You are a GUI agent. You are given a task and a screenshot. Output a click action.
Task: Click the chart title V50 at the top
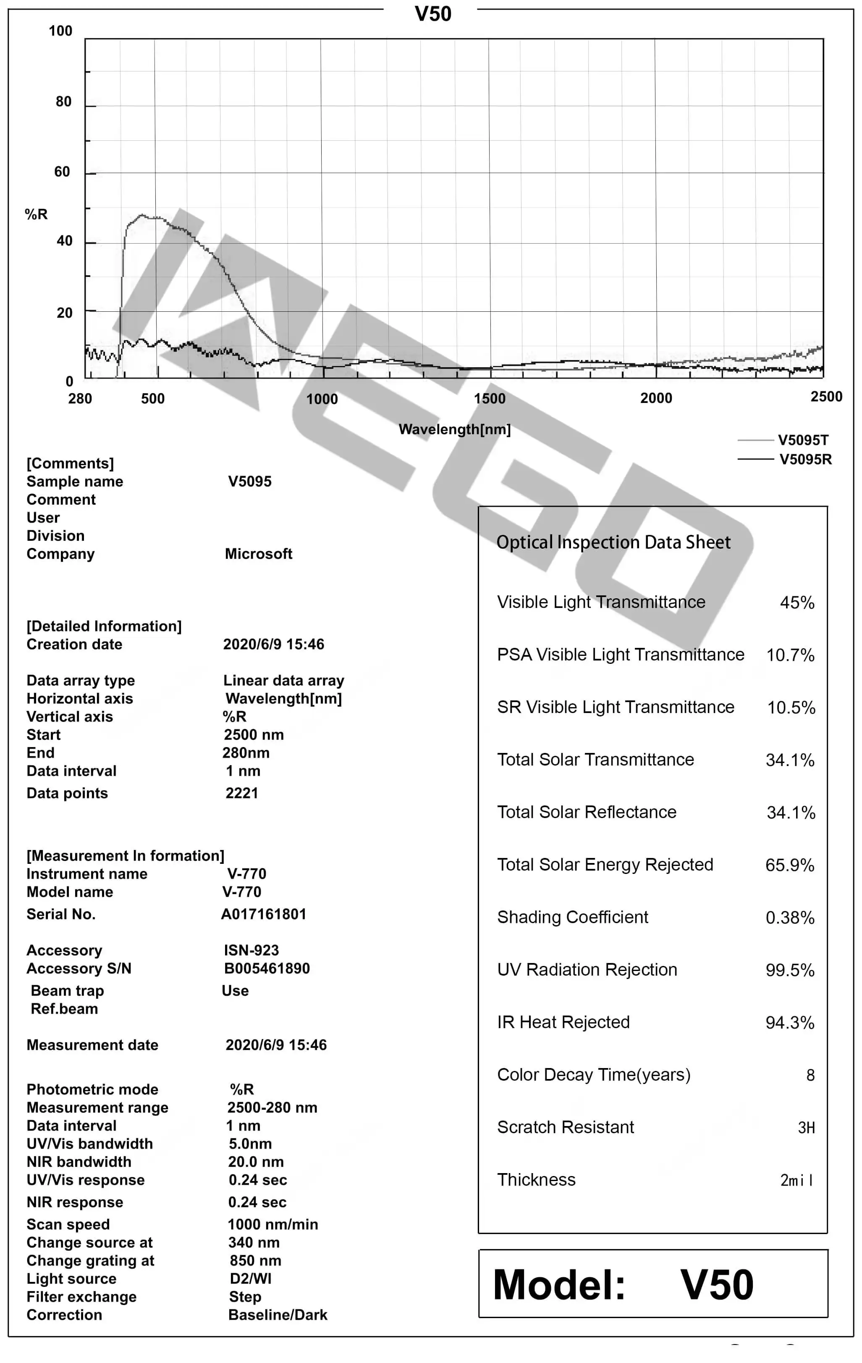pyautogui.click(x=433, y=14)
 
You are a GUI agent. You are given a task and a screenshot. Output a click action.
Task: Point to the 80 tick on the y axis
pyautogui.click(x=63, y=102)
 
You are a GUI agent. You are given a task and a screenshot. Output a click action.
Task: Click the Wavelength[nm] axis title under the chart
pyautogui.click(x=454, y=430)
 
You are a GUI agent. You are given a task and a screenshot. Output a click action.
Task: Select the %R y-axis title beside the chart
pyautogui.click(x=36, y=215)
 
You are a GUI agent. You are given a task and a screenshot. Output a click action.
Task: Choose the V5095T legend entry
pyautogui.click(x=803, y=440)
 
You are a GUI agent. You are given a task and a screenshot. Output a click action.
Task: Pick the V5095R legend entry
pyautogui.click(x=805, y=460)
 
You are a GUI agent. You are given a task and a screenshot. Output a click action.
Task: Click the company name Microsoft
pyautogui.click(x=259, y=554)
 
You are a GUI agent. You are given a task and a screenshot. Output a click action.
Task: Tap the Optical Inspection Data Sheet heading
pyautogui.click(x=613, y=542)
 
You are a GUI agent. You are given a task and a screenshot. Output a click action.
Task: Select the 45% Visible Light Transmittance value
pyautogui.click(x=797, y=603)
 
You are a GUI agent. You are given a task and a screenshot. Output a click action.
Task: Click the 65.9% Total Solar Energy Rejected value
pyautogui.click(x=790, y=866)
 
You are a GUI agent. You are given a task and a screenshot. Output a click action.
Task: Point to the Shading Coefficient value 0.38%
pyautogui.click(x=790, y=918)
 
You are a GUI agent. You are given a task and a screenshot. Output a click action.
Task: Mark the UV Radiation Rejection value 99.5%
pyautogui.click(x=790, y=971)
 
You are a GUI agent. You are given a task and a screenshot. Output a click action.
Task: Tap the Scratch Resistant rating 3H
pyautogui.click(x=806, y=1128)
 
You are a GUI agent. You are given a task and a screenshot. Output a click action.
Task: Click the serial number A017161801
pyautogui.click(x=264, y=915)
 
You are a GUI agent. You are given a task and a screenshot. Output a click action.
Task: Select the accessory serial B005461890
pyautogui.click(x=267, y=969)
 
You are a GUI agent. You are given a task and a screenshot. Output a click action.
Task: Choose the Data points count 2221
pyautogui.click(x=241, y=794)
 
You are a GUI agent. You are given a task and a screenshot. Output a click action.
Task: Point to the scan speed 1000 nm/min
pyautogui.click(x=272, y=1225)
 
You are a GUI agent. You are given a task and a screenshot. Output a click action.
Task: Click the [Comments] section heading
pyautogui.click(x=70, y=463)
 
